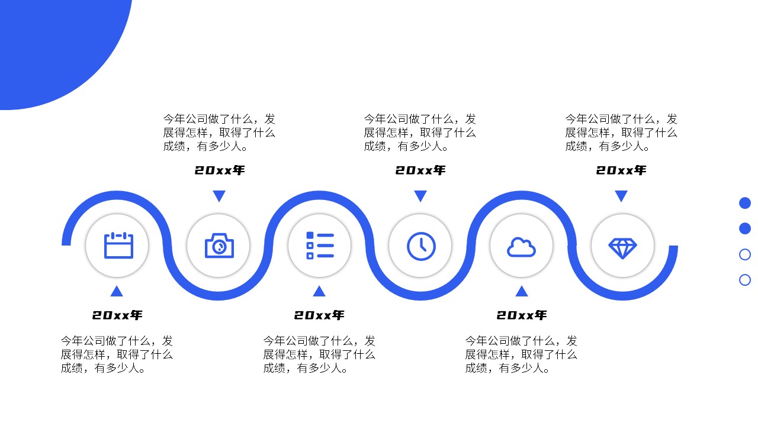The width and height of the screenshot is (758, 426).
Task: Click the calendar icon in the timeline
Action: coord(118,246)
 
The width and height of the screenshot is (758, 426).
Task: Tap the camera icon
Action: coord(219,246)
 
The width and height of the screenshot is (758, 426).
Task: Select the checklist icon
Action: coord(320,246)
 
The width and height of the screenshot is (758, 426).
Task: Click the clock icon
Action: coord(421,246)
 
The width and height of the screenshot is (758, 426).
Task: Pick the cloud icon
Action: coord(521,247)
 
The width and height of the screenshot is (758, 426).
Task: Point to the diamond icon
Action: coord(622,247)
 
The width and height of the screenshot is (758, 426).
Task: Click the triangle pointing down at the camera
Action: coord(219,196)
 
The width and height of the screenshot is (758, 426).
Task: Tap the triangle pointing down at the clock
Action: coord(420,196)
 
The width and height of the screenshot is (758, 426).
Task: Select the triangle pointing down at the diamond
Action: coord(621,196)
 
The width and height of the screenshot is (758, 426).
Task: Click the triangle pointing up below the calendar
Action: coord(117,291)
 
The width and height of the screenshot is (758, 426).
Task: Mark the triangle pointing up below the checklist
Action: coord(319,291)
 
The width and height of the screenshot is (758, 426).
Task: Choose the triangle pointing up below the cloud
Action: coord(521,291)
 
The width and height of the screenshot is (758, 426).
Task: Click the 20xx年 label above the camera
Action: coord(219,170)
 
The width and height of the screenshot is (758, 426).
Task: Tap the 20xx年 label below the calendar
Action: coord(117,315)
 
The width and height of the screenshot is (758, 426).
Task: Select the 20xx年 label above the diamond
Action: coord(621,170)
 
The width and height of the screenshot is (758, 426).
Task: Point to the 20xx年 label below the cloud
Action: coord(521,315)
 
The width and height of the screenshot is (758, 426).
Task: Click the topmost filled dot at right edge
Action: coord(745,203)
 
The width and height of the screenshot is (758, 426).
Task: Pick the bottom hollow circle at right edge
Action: coord(745,280)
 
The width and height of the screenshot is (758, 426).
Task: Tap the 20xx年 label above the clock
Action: coord(420,170)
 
